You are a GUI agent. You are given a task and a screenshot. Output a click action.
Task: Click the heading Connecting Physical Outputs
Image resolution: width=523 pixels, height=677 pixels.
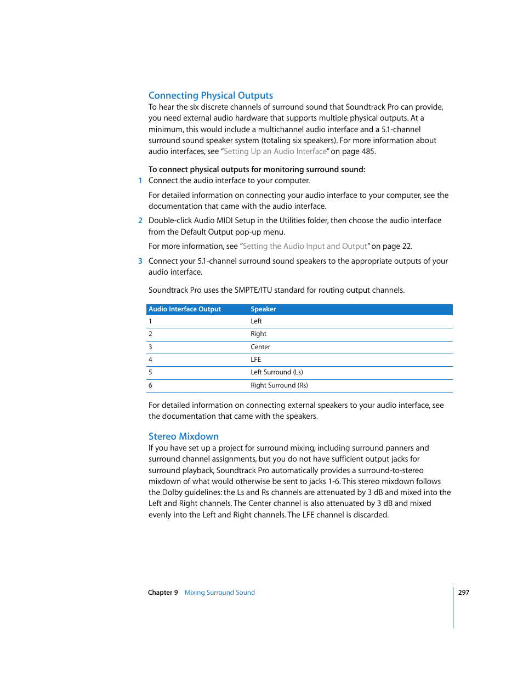(x=211, y=95)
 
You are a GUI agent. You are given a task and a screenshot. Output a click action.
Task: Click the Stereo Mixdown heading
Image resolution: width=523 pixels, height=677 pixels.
(x=183, y=436)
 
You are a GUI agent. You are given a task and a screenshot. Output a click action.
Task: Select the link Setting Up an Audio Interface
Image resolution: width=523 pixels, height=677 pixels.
(x=275, y=152)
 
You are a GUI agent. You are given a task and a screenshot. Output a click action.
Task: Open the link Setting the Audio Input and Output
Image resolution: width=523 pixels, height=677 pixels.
(x=305, y=247)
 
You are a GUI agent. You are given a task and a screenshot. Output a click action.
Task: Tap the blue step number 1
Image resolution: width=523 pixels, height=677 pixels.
(x=140, y=181)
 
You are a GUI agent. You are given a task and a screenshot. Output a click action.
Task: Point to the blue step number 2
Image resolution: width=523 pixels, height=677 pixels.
(x=140, y=221)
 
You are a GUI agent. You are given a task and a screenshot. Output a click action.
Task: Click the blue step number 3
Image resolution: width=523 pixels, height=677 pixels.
(x=140, y=261)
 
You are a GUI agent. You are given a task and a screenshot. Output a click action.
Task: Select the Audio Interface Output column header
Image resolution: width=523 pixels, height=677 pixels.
(x=185, y=310)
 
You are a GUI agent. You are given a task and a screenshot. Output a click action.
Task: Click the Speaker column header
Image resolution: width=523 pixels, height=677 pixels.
(x=263, y=310)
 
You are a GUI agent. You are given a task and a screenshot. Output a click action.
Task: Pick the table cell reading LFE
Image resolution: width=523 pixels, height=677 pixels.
(x=256, y=360)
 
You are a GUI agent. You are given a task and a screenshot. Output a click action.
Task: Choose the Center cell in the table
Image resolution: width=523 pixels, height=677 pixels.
(x=260, y=347)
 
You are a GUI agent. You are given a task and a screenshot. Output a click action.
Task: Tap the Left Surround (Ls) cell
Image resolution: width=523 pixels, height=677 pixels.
(x=277, y=373)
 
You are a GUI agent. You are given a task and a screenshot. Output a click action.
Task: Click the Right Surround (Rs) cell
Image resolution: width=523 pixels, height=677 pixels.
(x=279, y=386)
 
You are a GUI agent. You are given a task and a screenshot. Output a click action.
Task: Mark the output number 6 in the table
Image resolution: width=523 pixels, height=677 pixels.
(x=150, y=386)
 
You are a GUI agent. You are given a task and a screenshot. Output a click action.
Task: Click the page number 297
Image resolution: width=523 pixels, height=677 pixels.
(x=464, y=593)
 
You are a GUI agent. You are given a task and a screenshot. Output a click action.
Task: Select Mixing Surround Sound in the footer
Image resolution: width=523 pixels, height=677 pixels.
(x=219, y=593)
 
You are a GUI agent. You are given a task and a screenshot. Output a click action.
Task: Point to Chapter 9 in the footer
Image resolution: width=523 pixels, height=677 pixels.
(x=163, y=593)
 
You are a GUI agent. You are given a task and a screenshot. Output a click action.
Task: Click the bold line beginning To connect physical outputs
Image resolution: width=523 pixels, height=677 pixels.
(x=257, y=170)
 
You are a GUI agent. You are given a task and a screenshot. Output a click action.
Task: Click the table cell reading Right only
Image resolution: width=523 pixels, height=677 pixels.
(x=258, y=334)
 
